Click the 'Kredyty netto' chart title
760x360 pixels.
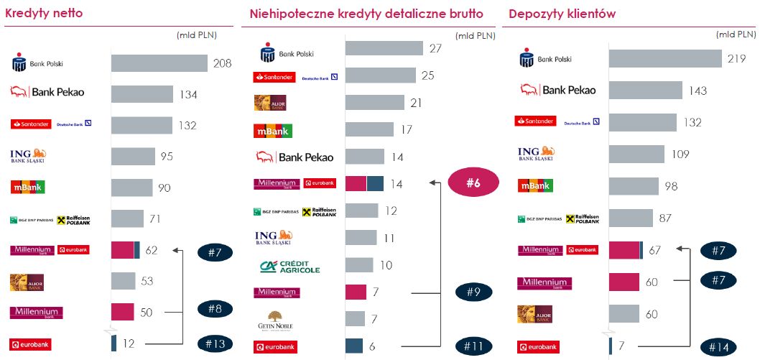pos(44,14)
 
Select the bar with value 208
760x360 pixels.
pos(159,63)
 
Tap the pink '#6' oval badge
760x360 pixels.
pos(473,183)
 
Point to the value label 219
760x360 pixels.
pos(736,58)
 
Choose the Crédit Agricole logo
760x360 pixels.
pos(289,266)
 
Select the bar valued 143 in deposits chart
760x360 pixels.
pos(645,91)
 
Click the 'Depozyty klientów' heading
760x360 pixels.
pos(562,14)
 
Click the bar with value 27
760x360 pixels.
pos(384,48)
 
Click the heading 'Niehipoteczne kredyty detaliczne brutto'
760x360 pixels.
pos(366,14)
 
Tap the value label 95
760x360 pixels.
pos(167,157)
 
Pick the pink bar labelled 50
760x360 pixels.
pos(123,312)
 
